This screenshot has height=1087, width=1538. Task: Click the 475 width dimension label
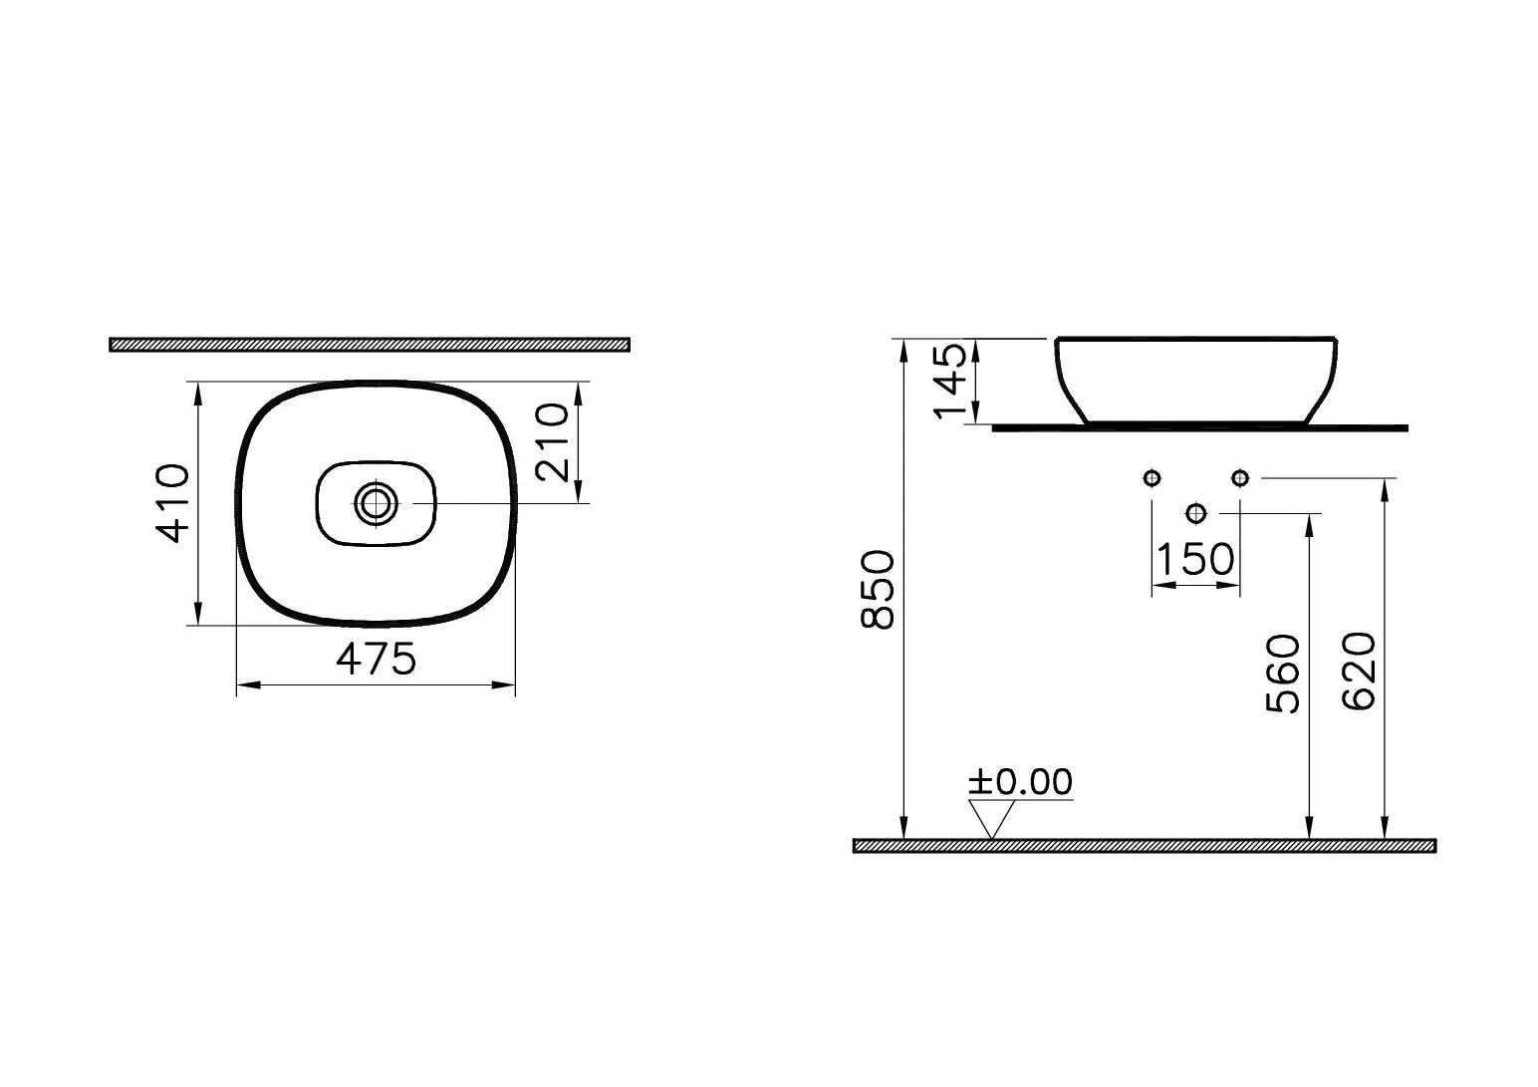click(x=376, y=659)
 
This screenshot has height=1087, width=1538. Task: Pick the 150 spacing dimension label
click(x=1195, y=559)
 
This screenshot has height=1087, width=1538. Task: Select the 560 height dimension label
click(x=1282, y=674)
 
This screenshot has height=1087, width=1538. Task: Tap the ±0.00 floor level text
click(x=1020, y=782)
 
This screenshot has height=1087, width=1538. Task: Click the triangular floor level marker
click(x=990, y=819)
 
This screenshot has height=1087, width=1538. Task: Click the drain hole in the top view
click(x=376, y=504)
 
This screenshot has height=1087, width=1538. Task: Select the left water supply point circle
click(x=1153, y=478)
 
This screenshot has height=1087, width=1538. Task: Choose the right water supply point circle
click(x=1239, y=478)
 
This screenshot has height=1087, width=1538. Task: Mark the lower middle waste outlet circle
click(x=1196, y=513)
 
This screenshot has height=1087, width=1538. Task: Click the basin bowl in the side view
click(x=1195, y=379)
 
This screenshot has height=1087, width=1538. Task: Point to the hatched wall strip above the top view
click(x=369, y=345)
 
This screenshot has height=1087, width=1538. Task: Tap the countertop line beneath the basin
click(x=1199, y=428)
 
